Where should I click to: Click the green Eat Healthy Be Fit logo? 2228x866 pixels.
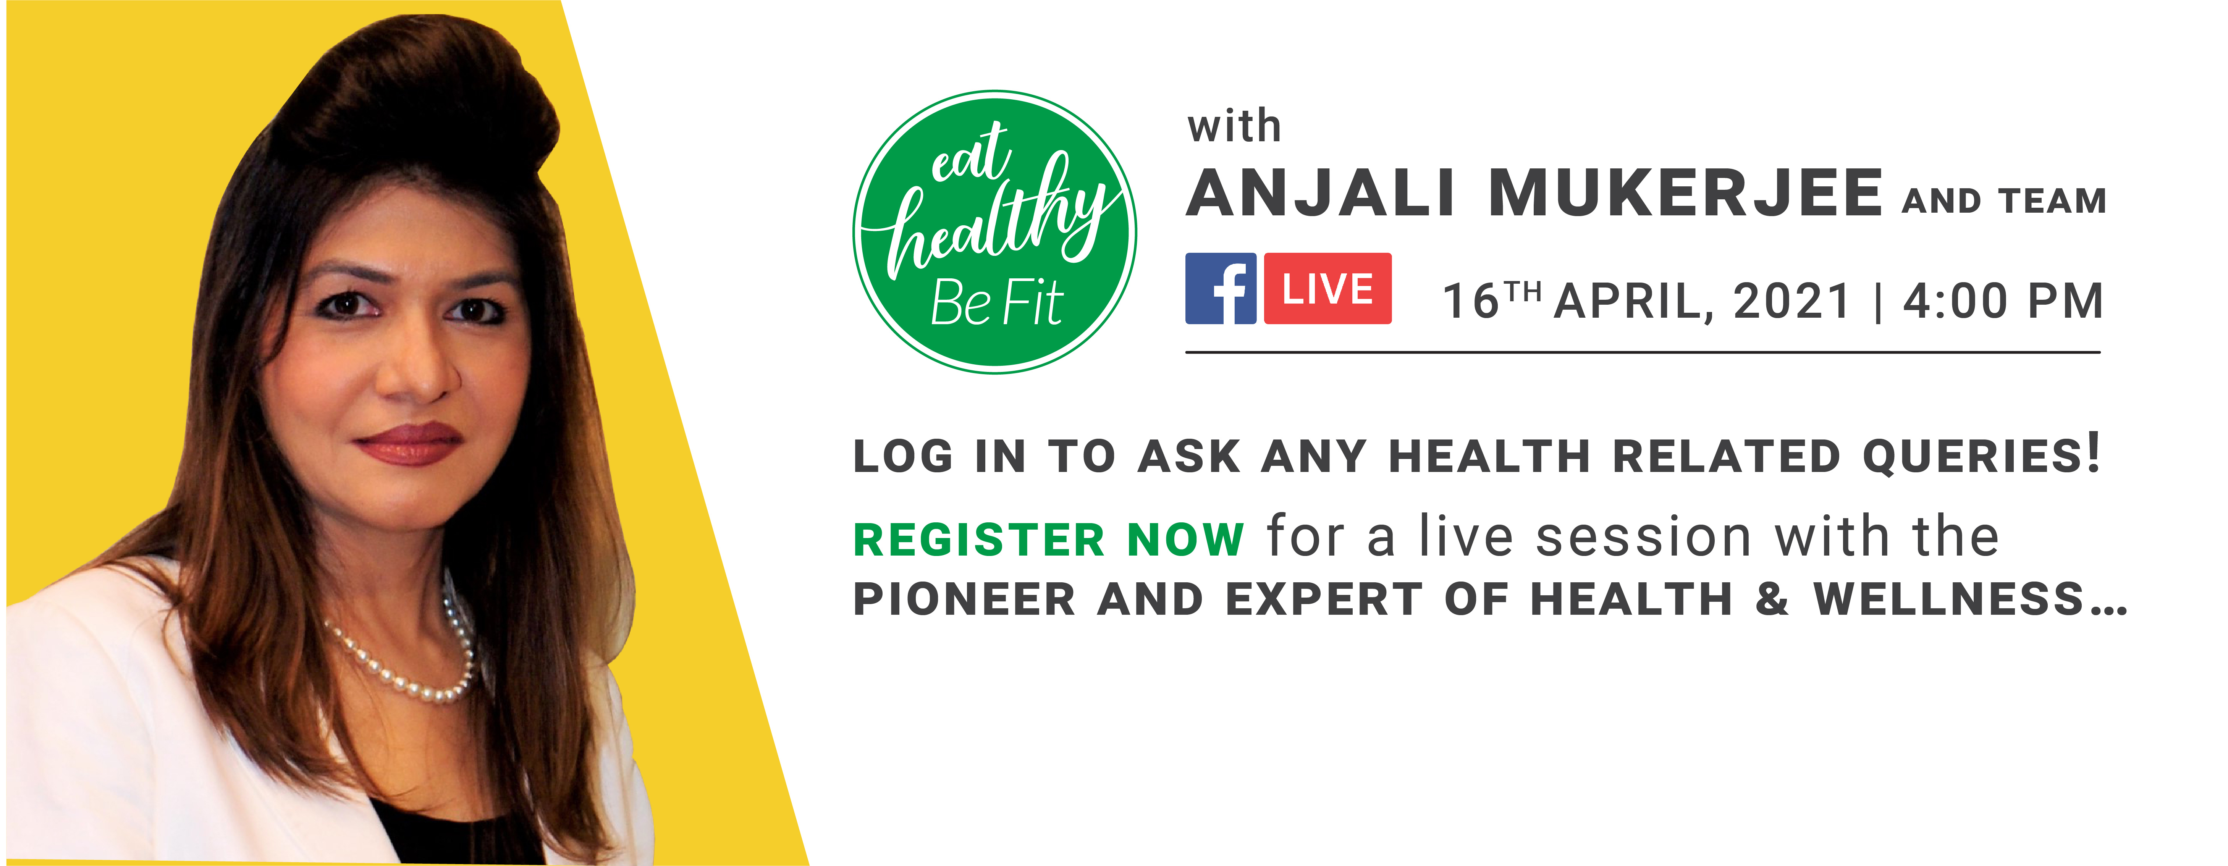coord(994,232)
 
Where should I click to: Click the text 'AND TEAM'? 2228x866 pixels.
coord(2004,201)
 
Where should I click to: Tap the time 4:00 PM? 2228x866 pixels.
coord(2003,301)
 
